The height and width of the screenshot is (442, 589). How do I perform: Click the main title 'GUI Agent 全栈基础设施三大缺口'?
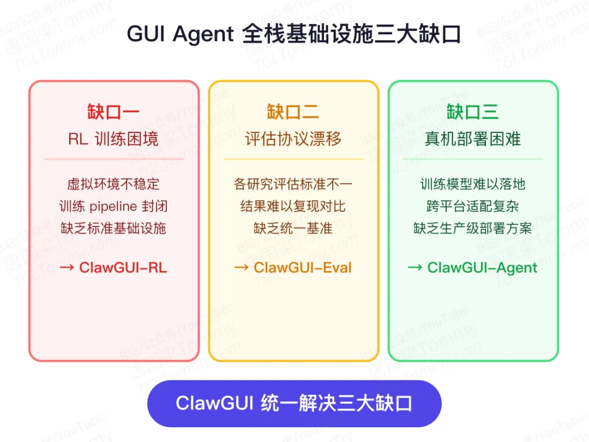294,34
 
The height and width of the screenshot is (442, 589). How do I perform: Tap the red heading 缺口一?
113,112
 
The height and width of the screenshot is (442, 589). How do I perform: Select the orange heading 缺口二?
293,112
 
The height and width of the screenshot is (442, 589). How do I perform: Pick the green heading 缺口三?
472,112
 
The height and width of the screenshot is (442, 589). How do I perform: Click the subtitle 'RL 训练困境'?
113,139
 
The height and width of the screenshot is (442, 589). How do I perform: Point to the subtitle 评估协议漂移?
293,139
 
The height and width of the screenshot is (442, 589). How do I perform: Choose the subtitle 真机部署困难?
472,139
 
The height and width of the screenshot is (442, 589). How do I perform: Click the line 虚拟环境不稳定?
113,184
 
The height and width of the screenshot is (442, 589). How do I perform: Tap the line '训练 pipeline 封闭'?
113,206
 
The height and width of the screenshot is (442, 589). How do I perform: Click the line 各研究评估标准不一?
293,184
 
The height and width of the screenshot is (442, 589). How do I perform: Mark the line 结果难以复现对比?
293,206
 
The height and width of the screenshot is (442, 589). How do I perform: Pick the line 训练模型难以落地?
472,184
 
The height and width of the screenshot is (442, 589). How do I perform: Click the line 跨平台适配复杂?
472,206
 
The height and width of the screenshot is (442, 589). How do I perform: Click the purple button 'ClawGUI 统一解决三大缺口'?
294,404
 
